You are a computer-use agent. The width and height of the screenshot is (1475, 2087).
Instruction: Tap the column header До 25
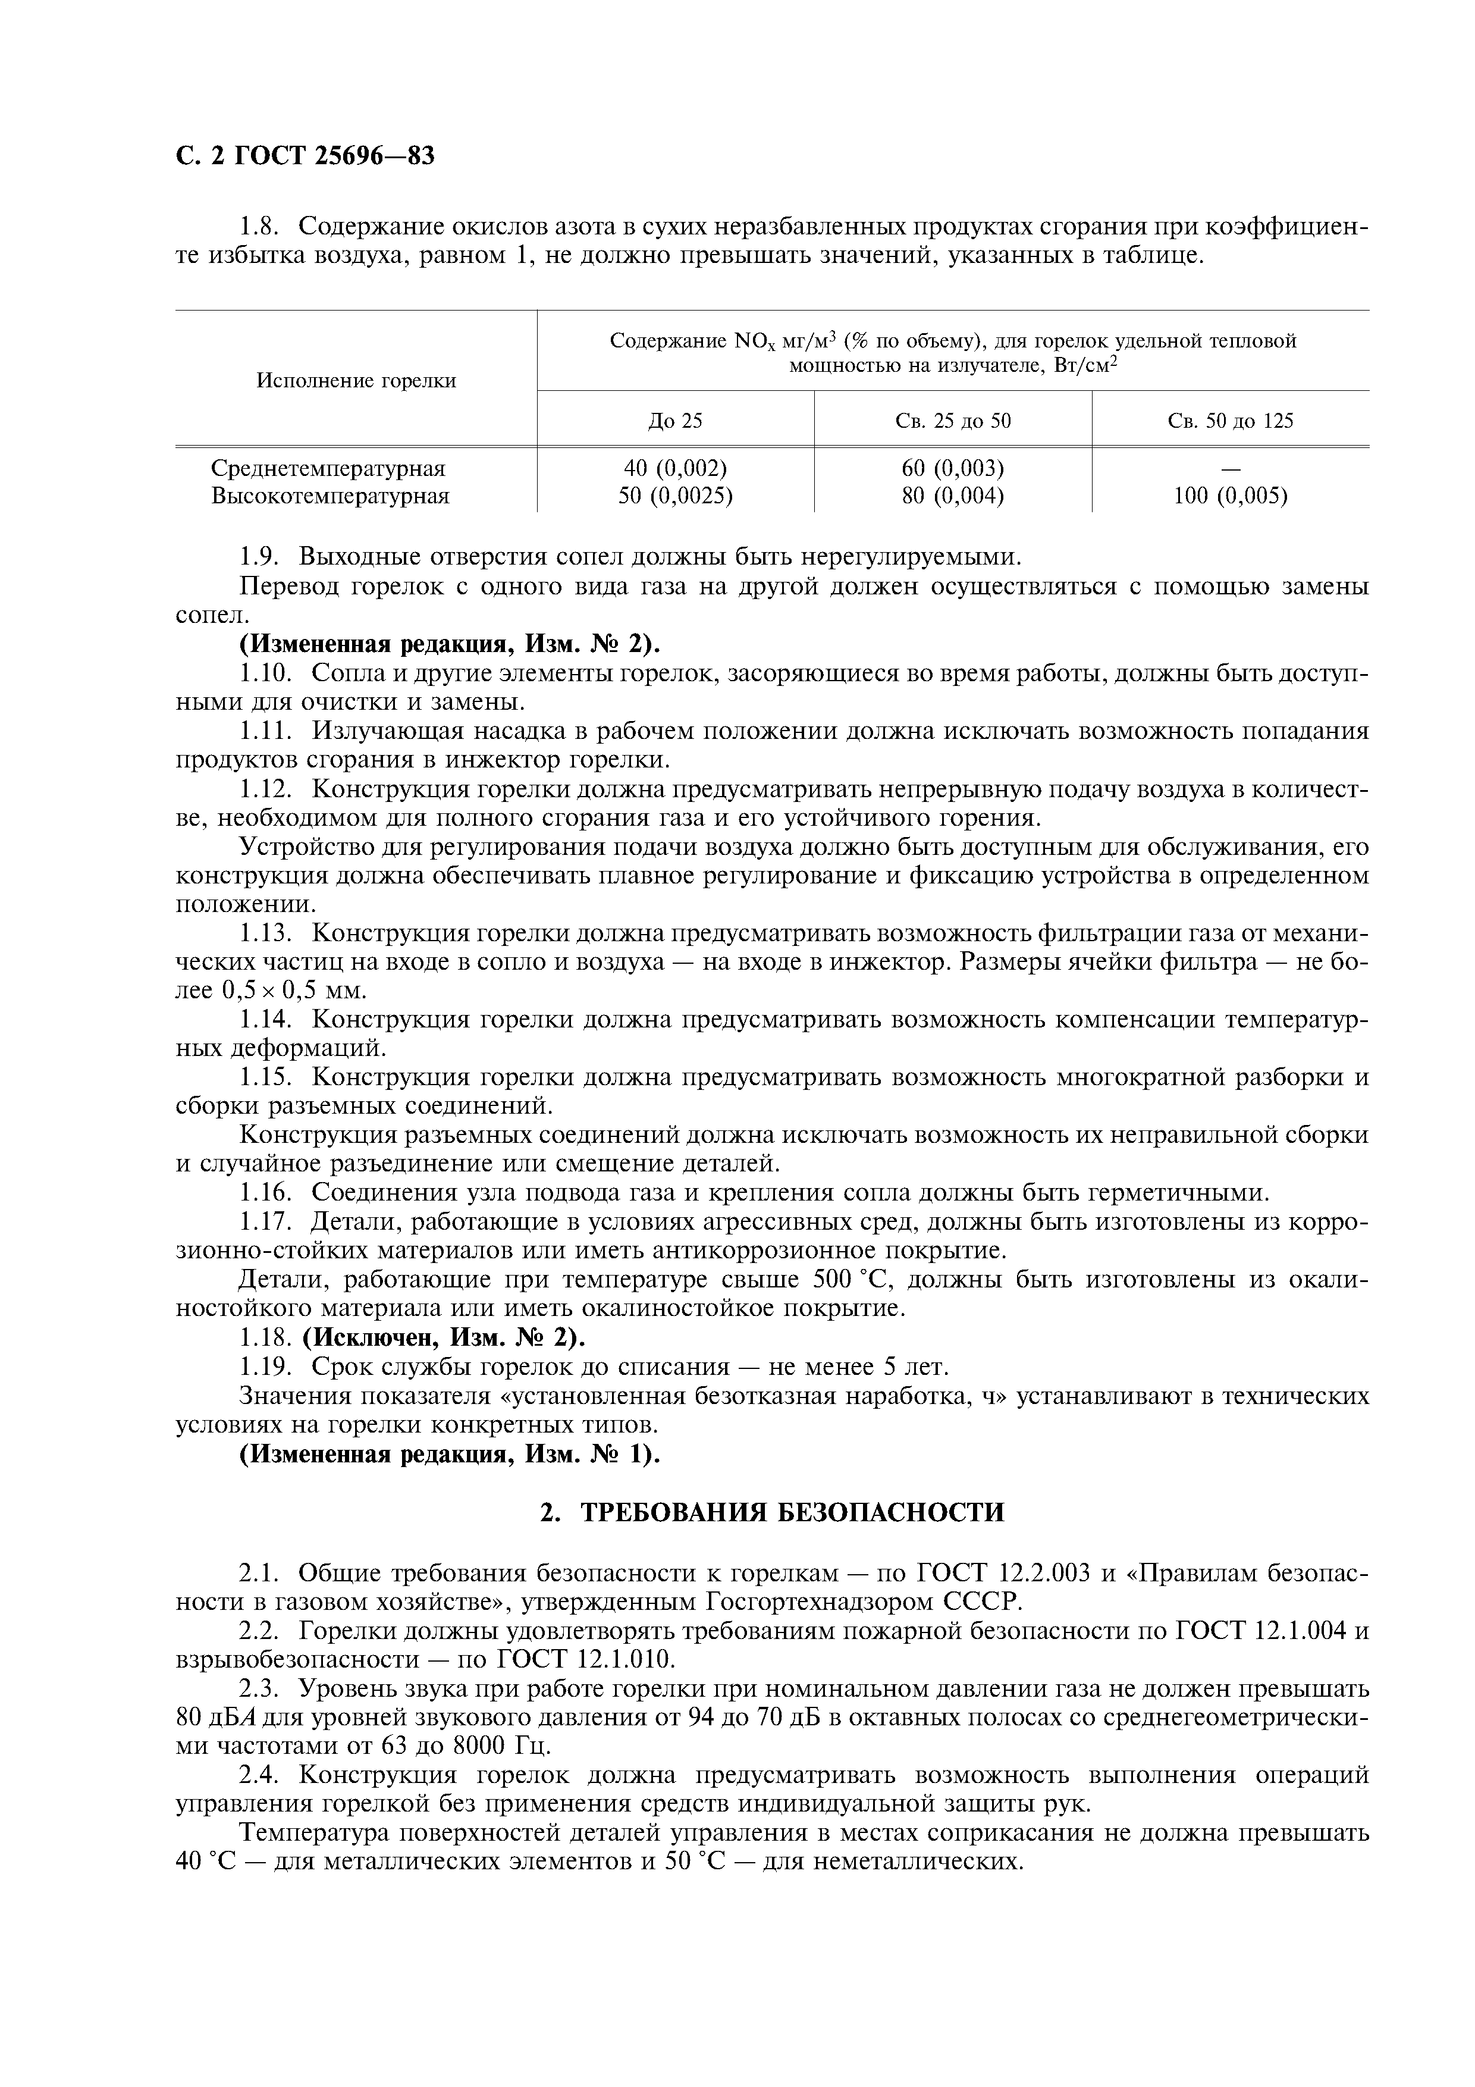pos(675,421)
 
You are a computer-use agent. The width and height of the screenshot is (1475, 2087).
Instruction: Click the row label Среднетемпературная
pos(328,468)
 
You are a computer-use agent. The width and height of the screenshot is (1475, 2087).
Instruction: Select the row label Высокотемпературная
pos(331,496)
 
